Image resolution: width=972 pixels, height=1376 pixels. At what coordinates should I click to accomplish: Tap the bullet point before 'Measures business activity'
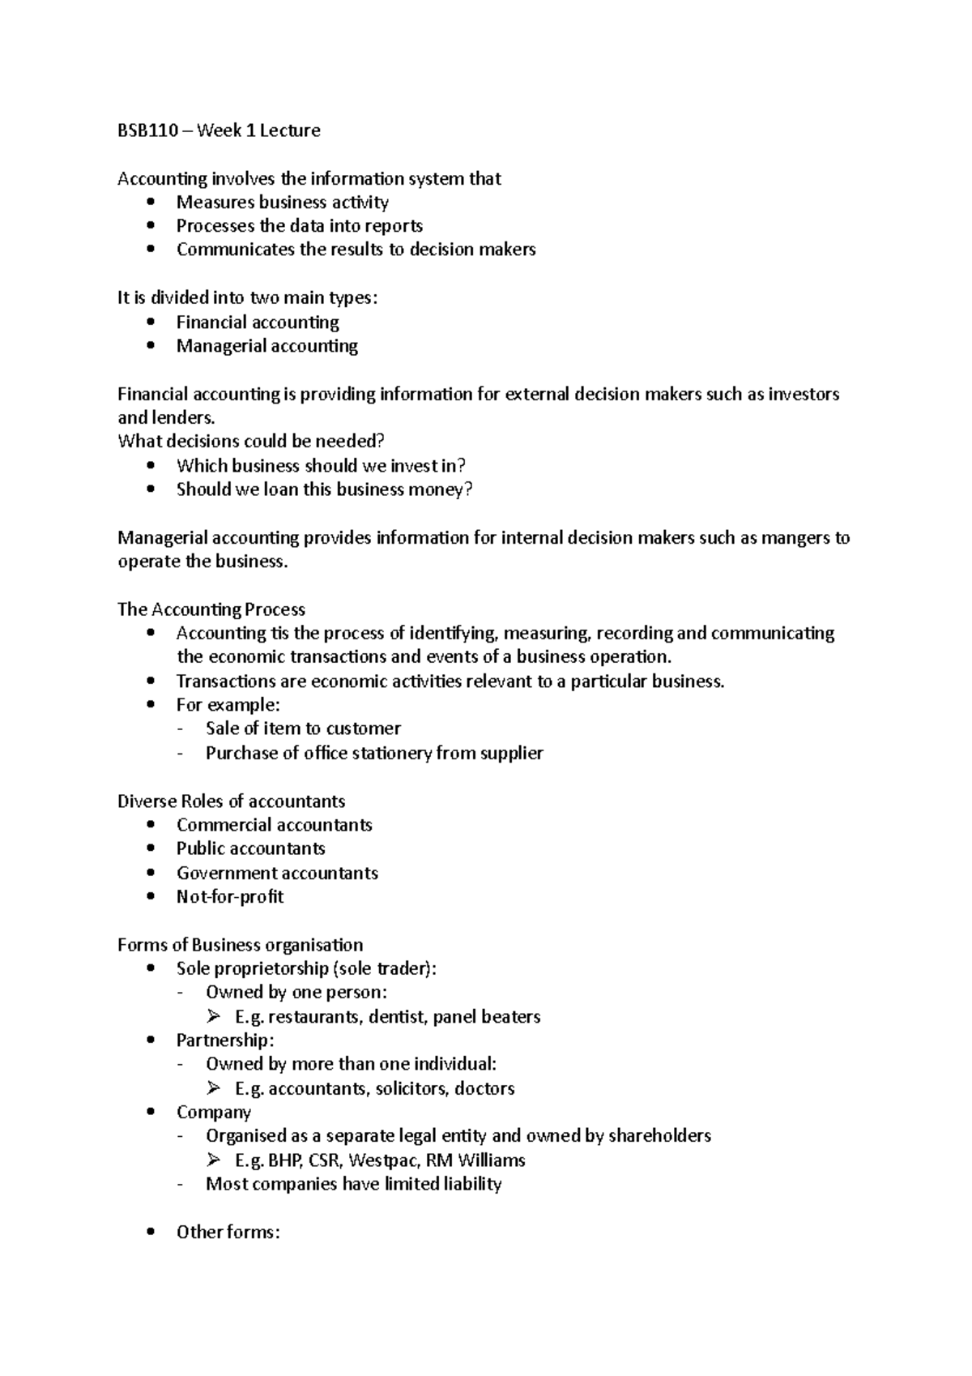coord(151,202)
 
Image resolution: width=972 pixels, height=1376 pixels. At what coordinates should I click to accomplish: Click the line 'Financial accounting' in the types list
coord(258,323)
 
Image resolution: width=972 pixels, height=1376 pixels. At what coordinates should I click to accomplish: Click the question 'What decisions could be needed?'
coord(251,442)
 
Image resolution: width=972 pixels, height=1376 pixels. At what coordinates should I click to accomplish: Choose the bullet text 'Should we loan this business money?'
coord(324,489)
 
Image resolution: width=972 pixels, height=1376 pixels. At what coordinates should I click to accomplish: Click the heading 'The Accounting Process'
coord(211,609)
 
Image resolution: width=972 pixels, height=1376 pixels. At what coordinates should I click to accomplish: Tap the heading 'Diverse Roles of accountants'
coord(231,801)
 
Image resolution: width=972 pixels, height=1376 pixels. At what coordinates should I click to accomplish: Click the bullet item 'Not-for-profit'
coord(230,897)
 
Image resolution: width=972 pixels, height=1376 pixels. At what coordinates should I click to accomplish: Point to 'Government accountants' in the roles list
coord(277,874)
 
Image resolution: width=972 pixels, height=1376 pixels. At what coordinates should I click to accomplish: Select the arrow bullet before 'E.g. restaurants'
coord(213,1016)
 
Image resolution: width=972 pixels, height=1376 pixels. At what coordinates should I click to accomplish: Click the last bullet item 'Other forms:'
coord(228,1233)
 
